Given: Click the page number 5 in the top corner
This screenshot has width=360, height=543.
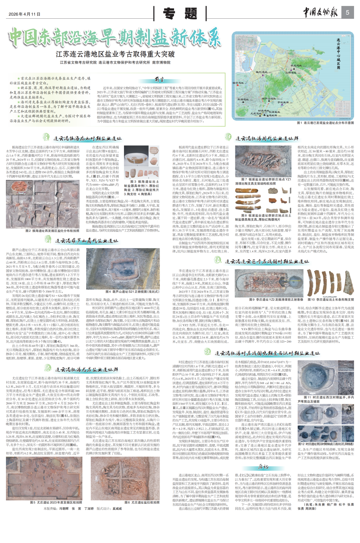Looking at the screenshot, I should tap(347, 13).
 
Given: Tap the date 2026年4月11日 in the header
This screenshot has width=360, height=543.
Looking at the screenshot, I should tap(25, 14).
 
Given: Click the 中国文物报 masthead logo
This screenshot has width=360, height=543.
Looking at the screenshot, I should tap(320, 13).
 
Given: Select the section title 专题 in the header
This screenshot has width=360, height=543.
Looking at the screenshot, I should tap(180, 14).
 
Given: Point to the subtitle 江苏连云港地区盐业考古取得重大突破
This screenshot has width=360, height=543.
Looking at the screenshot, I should tap(115, 54).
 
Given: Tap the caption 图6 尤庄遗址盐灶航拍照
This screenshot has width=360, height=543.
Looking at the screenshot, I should tap(142, 502).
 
